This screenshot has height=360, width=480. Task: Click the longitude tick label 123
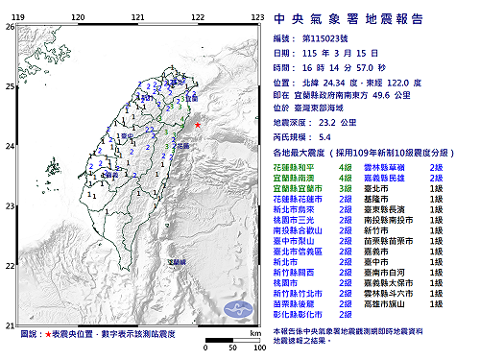tap(257, 17)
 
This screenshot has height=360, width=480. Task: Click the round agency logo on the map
tap(238, 307)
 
